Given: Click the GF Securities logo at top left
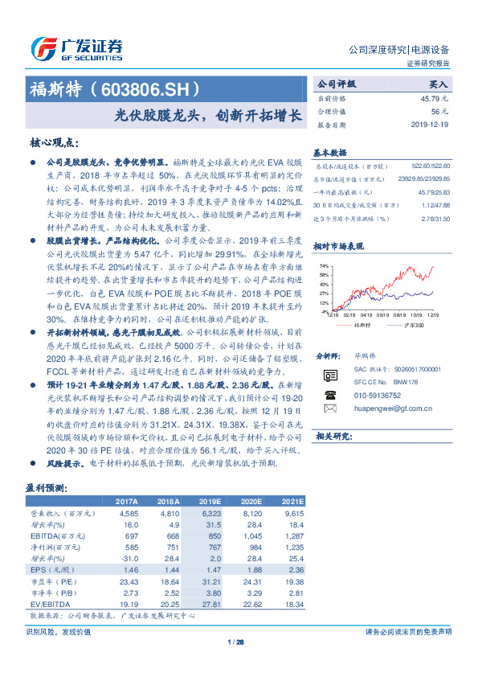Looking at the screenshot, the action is point(76,47).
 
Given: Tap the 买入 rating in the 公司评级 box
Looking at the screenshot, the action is point(439,84).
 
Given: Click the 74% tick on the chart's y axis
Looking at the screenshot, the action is point(323,265).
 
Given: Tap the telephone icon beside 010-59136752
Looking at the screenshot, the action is point(329,395).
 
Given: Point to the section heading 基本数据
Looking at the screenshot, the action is point(329,151).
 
